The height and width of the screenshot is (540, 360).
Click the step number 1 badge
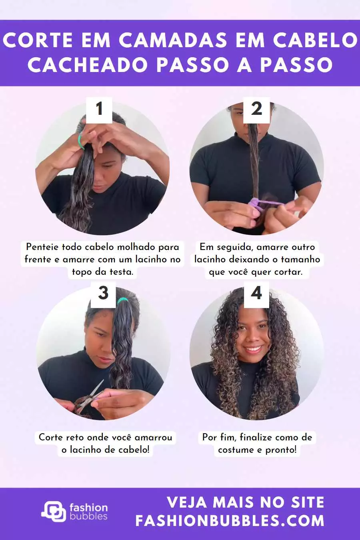coord(99,110)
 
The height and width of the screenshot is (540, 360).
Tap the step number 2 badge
coord(256,110)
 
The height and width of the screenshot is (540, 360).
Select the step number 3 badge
coord(103,294)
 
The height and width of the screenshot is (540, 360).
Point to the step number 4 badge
coord(256,294)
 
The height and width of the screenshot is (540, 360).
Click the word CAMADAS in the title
coord(173,40)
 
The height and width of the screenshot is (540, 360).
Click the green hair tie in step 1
coord(81,141)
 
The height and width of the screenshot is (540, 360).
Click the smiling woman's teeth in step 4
coord(253,349)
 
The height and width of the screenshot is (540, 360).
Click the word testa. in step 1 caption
coord(121,272)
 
